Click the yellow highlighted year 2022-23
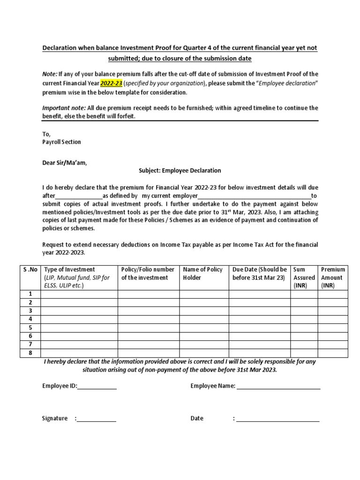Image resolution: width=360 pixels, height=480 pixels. tap(111, 83)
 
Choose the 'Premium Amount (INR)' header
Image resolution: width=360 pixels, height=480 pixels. tap(333, 277)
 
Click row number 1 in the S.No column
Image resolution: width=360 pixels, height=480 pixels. tap(30, 294)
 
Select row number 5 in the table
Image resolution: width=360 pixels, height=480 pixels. tap(30, 328)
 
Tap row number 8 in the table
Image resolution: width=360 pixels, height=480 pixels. tap(30, 353)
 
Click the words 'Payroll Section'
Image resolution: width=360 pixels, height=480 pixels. tap(61, 142)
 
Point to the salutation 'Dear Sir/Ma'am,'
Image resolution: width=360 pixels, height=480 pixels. tap(65, 163)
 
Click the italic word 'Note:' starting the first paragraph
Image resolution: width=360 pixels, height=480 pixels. tap(50, 74)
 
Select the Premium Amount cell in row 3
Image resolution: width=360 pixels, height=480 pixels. tap(333, 311)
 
